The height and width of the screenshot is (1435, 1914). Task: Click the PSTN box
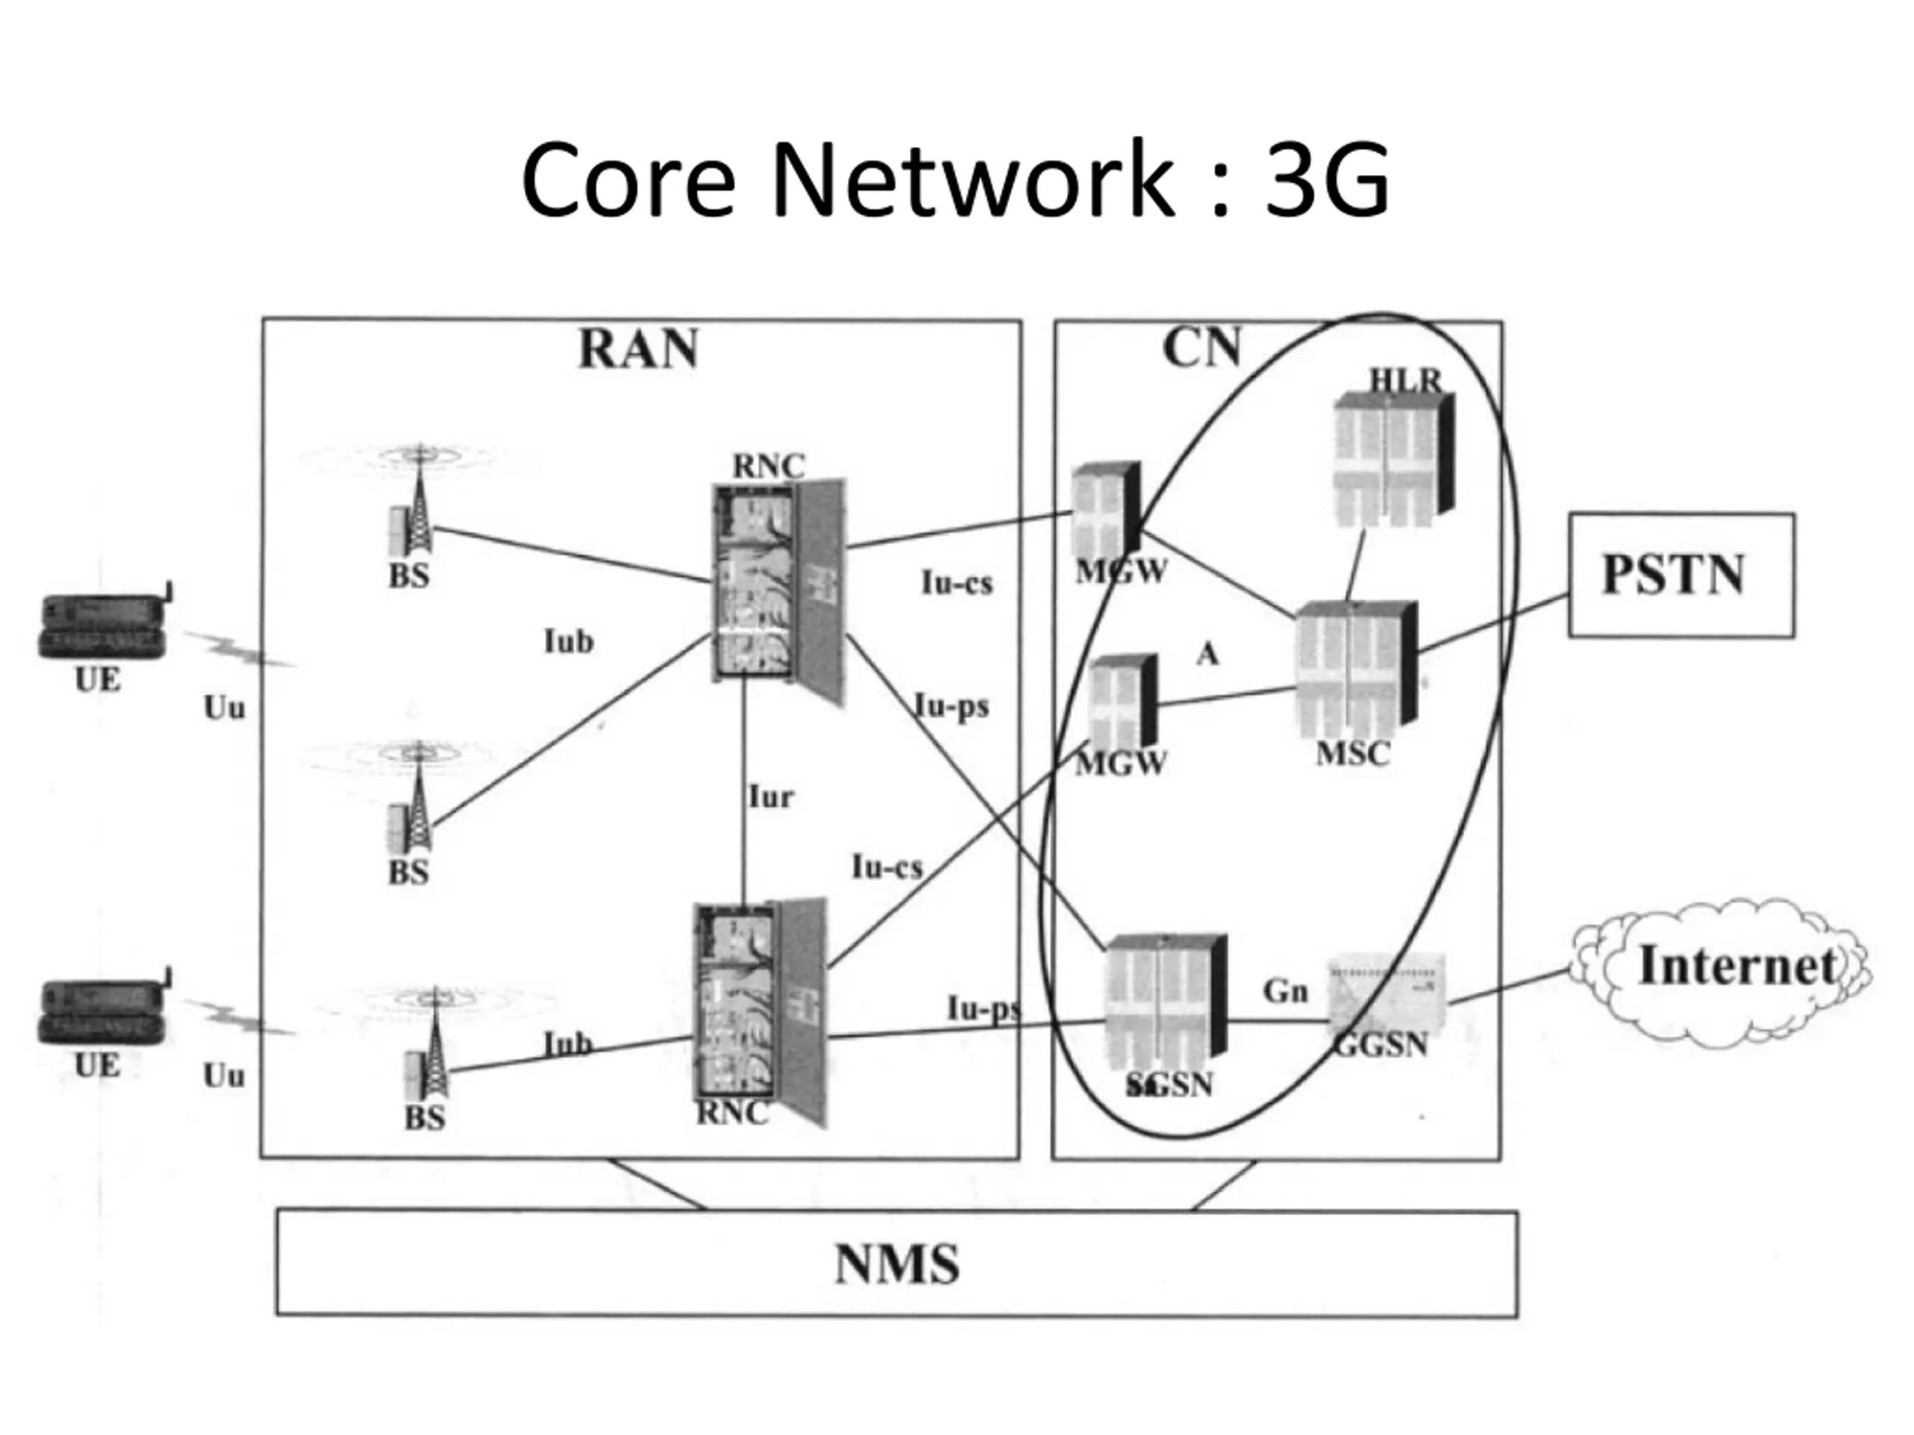(x=1681, y=575)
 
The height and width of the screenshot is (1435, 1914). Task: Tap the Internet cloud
(x=1720, y=972)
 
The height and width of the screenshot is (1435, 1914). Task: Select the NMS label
(x=897, y=1265)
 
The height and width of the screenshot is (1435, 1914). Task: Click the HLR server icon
(x=1394, y=460)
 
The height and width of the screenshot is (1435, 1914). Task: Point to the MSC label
(x=1353, y=754)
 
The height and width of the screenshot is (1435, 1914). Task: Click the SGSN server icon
(x=1166, y=1003)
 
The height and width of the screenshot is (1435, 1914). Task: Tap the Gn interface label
(x=1285, y=990)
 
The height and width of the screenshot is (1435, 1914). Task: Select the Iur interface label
(x=770, y=797)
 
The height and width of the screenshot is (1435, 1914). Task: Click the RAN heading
(x=638, y=350)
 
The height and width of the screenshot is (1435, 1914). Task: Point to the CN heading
(x=1202, y=348)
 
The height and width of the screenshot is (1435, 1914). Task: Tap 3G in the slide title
(x=1326, y=180)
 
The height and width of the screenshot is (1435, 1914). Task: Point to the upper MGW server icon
(x=1106, y=510)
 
